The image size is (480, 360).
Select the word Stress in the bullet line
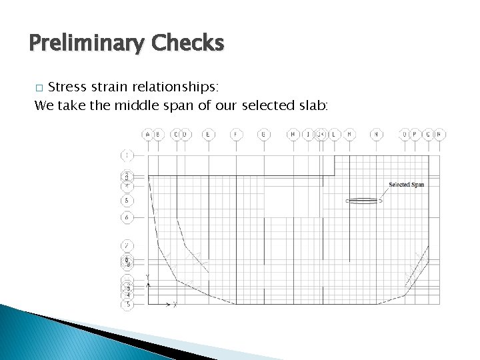pos(70,87)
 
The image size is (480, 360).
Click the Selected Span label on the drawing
pos(406,185)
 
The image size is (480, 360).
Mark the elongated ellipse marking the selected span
pos(363,200)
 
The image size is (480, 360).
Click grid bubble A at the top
pos(147,135)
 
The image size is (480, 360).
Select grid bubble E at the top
pos(209,135)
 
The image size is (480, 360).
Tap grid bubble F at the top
pos(236,135)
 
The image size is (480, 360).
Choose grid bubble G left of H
pos(264,135)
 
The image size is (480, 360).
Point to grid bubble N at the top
pos(377,135)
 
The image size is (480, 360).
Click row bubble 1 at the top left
pos(126,155)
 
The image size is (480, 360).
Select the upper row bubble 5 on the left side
pos(126,201)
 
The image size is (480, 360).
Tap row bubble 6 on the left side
pos(126,217)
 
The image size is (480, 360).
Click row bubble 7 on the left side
pos(126,246)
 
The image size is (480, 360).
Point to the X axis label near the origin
pos(174,305)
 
